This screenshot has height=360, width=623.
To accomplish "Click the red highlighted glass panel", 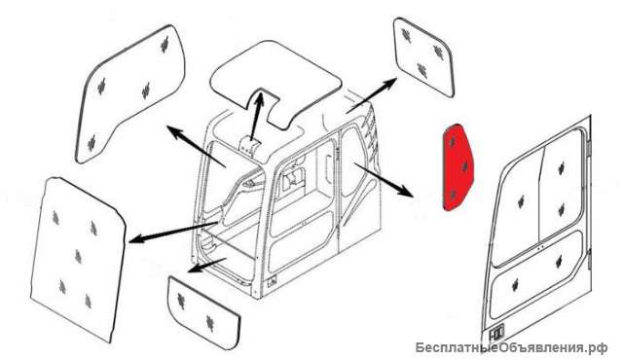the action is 458,167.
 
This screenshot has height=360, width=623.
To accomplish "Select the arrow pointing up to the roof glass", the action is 256,115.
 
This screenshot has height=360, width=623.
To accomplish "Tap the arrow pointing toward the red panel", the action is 384,179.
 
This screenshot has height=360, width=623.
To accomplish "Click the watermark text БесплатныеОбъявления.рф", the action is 511,348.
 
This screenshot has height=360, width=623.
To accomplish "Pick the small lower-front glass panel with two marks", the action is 203,312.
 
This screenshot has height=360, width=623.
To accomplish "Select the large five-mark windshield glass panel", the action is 78,258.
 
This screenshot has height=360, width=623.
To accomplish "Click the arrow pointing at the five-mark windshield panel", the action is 173,232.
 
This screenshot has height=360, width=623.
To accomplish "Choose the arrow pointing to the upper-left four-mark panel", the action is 196,146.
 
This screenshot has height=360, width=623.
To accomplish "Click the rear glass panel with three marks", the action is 423,56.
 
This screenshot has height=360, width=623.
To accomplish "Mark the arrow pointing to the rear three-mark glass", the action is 371,95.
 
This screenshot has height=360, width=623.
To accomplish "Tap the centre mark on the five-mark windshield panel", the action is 78,257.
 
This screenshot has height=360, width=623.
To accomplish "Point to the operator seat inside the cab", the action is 292,179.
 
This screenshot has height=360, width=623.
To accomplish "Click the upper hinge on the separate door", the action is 589,147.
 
